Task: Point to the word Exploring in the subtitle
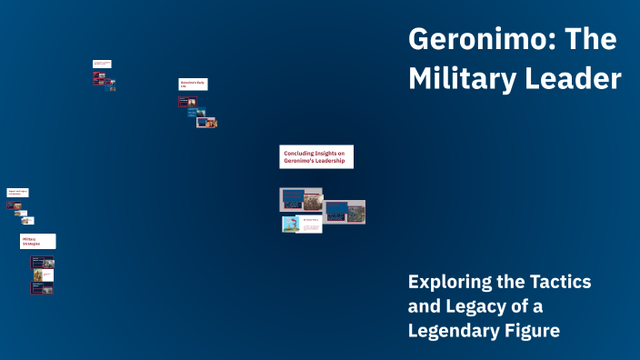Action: coord(449,282)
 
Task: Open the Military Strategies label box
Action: coord(37,241)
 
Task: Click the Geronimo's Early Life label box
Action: coord(193,84)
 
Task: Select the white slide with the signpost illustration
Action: coord(302,224)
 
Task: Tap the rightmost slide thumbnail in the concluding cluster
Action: coord(345,212)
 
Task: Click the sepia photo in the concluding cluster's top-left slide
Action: coord(312,199)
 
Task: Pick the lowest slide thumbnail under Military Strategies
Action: coord(43,287)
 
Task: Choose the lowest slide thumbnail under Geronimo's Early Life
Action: coord(207,123)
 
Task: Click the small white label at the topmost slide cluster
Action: coord(102,64)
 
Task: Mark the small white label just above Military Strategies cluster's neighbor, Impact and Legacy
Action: coord(18,193)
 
